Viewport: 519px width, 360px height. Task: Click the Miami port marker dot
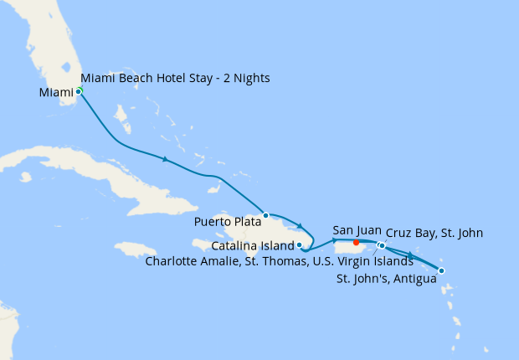[x=79, y=90]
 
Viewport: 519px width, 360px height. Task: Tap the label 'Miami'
[x=57, y=92]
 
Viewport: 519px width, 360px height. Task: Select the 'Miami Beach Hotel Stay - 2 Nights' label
[x=175, y=79]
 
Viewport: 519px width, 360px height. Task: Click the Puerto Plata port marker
[x=265, y=215]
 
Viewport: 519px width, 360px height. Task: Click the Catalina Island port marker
[x=299, y=245]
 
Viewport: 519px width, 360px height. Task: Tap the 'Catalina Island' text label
[x=252, y=246]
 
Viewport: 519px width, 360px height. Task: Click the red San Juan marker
[x=357, y=243]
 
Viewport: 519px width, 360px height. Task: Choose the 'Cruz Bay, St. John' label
[x=434, y=233]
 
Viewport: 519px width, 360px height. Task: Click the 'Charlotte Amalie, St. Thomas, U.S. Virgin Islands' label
[x=279, y=261]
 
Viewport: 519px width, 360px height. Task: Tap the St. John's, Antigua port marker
[x=441, y=270]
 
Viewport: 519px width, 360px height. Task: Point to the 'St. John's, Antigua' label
[x=386, y=278]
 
